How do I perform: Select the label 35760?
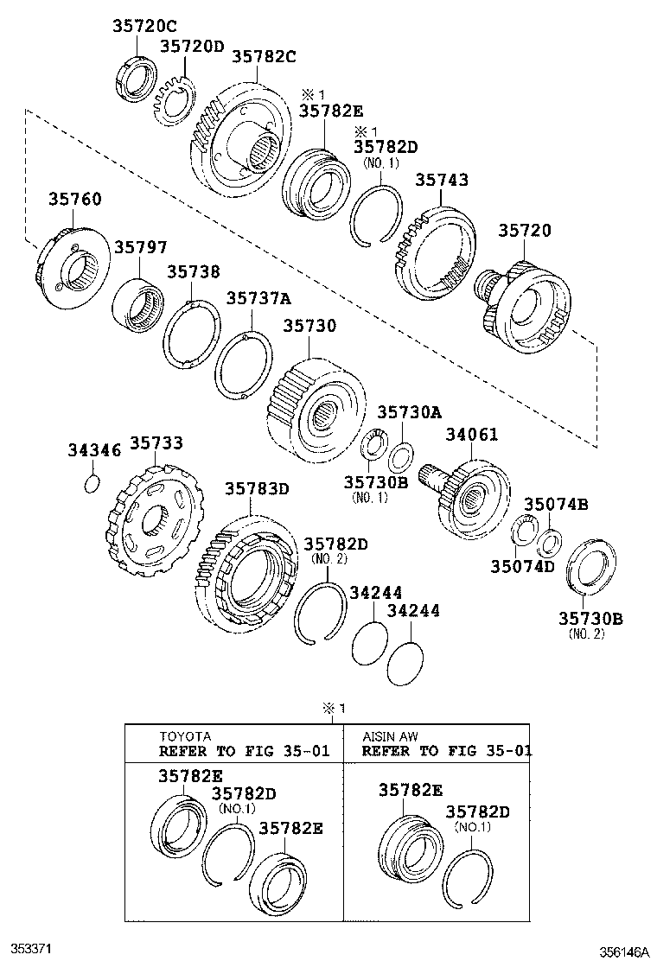coord(73,200)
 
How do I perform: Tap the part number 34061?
coord(471,434)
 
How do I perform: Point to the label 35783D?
coord(257,489)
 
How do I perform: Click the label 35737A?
coord(258,298)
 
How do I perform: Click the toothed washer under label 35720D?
coord(175,101)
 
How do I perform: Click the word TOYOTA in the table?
coord(184,736)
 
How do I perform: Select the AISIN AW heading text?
coord(391,736)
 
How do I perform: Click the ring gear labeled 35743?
coord(435,251)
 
